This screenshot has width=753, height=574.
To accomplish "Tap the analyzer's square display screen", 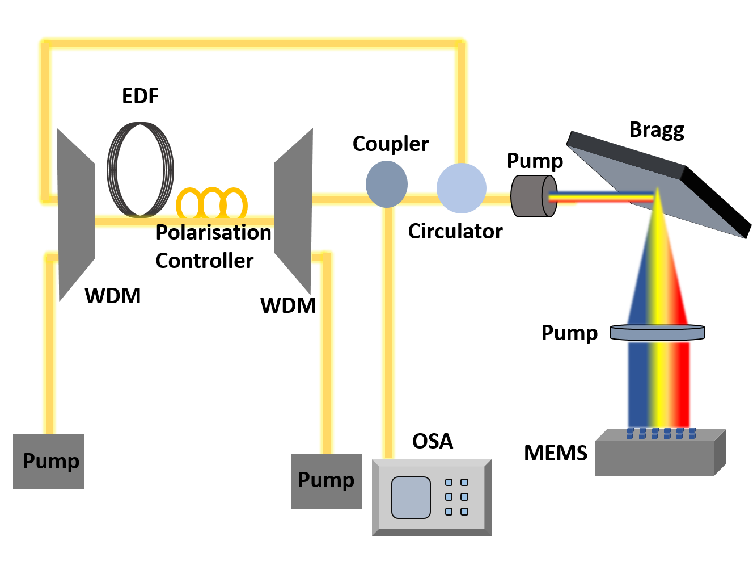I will [411, 497].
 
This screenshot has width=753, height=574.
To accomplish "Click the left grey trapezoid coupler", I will [76, 216].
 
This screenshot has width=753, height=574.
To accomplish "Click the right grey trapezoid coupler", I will [294, 211].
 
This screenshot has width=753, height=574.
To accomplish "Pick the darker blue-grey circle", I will [387, 184].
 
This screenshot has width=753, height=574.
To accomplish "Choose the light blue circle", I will [462, 188].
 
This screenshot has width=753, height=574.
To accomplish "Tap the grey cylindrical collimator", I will [533, 196].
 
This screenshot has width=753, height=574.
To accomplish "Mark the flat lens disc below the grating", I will [657, 332].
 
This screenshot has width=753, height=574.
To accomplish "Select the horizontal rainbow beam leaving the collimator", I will [601, 198].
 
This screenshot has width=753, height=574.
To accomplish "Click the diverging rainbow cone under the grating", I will [658, 273].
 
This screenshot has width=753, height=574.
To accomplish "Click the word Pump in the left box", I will [50, 461].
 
